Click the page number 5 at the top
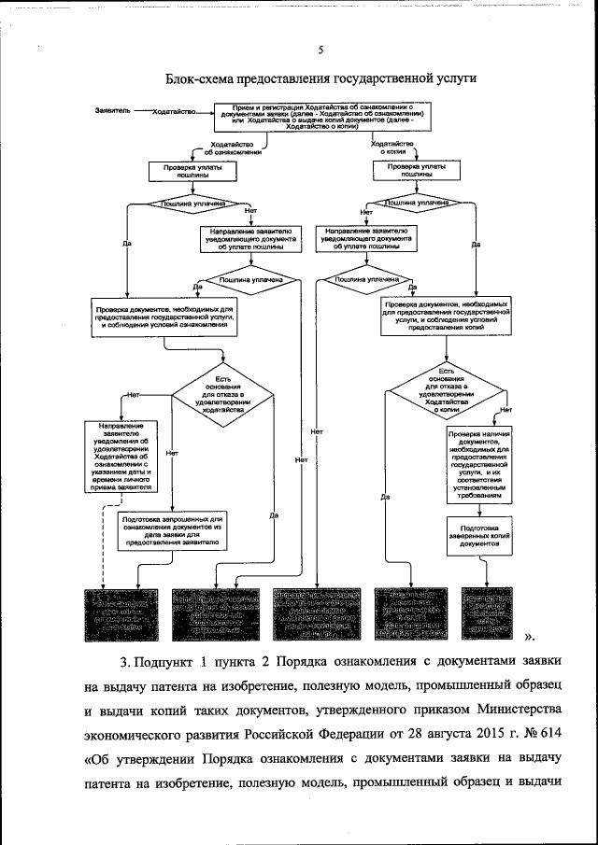(320, 51)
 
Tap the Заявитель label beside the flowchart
(113, 111)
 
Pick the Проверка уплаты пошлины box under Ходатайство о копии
(410, 170)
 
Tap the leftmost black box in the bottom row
(119, 614)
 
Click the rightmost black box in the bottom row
(484, 614)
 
